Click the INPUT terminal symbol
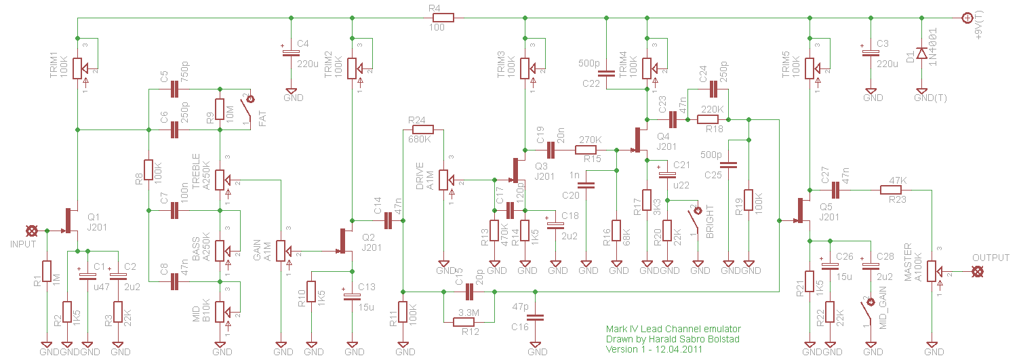pyautogui.click(x=31, y=231)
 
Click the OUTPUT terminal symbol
pyautogui.click(x=977, y=271)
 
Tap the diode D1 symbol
pyautogui.click(x=921, y=53)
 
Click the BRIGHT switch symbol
pyautogui.click(x=694, y=221)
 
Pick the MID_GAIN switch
pyautogui.click(x=869, y=313)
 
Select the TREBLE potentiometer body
pyautogui.click(x=220, y=180)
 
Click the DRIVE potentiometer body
pyautogui.click(x=443, y=180)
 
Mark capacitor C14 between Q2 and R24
pyautogui.click(x=388, y=220)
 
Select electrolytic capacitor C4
pyautogui.click(x=290, y=53)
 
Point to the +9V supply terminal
pyautogui.click(x=967, y=17)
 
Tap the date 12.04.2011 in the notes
pyautogui.click(x=679, y=349)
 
